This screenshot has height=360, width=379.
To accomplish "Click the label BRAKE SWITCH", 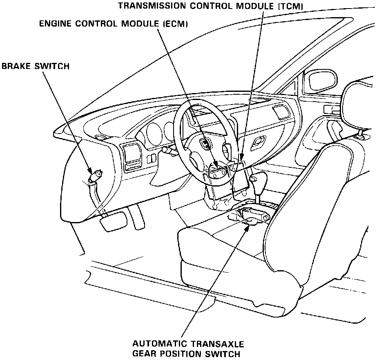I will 36,66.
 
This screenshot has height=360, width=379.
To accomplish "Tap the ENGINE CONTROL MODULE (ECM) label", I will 114,24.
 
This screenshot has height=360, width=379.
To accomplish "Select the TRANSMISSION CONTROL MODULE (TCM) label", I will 211,6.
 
